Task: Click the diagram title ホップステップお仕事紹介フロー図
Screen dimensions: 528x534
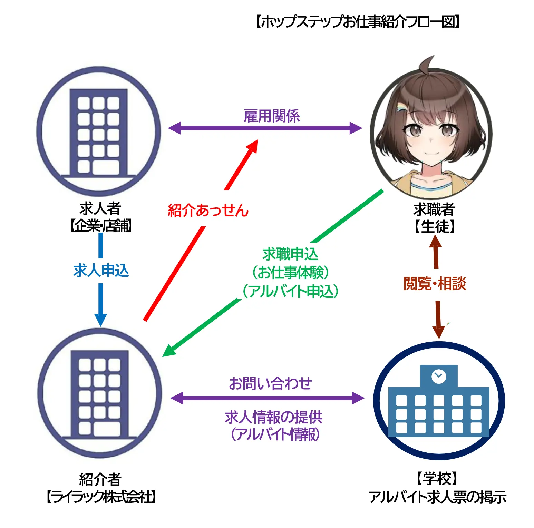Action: click(x=358, y=22)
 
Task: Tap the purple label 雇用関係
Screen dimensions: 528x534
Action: click(x=272, y=116)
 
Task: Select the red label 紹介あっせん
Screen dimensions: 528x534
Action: click(x=208, y=210)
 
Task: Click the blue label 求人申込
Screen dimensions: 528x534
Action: click(x=101, y=270)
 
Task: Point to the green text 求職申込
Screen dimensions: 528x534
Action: click(x=290, y=254)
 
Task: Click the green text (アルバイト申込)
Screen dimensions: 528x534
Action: click(x=290, y=291)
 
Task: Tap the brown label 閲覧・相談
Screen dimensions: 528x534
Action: click(x=435, y=284)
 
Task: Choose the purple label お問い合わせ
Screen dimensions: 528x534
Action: click(x=270, y=383)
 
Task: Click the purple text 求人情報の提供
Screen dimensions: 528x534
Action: click(x=273, y=417)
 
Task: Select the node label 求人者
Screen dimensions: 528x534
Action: click(x=100, y=208)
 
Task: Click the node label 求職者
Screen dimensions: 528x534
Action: click(x=434, y=209)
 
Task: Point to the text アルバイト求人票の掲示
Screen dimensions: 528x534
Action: click(x=437, y=497)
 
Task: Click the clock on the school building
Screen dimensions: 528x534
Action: click(x=439, y=376)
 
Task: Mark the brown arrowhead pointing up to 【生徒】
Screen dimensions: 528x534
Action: click(x=435, y=241)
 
